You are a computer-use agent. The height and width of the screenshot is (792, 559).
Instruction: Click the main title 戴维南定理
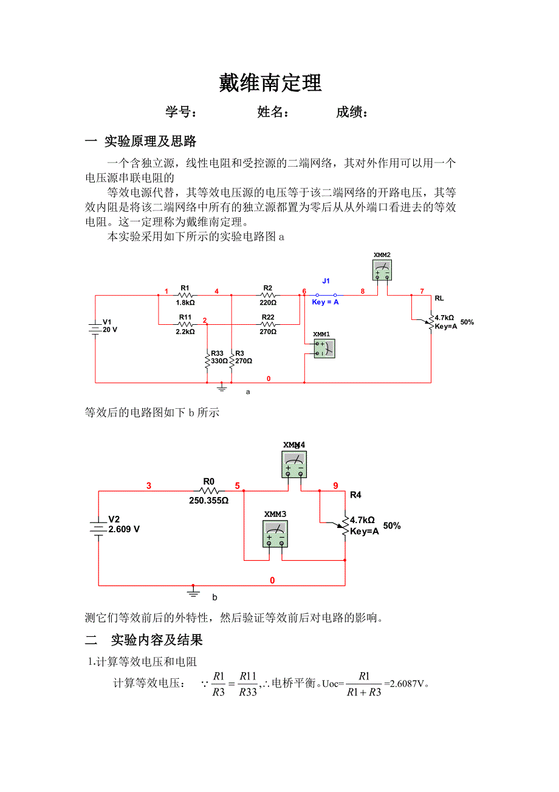pyautogui.click(x=270, y=83)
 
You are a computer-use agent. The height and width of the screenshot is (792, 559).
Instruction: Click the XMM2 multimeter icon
pyautogui.click(x=382, y=269)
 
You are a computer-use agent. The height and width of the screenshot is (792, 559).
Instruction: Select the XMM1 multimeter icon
pyautogui.click(x=324, y=349)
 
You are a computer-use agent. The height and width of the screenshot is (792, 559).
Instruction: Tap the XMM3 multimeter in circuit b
pyautogui.click(x=275, y=533)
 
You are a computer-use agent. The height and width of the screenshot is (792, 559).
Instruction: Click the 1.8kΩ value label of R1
pyautogui.click(x=185, y=302)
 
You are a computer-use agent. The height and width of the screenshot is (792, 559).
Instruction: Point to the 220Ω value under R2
pyautogui.click(x=268, y=302)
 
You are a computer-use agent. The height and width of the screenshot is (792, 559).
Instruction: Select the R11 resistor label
pyautogui.click(x=185, y=317)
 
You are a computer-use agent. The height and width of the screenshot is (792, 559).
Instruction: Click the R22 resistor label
pyautogui.click(x=268, y=317)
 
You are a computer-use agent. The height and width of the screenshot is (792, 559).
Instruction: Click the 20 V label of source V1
pyautogui.click(x=109, y=330)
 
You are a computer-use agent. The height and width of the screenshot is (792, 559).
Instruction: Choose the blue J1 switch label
pyautogui.click(x=326, y=281)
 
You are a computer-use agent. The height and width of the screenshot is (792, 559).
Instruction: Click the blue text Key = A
pyautogui.click(x=325, y=302)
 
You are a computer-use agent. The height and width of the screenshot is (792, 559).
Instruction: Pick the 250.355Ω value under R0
pyautogui.click(x=208, y=501)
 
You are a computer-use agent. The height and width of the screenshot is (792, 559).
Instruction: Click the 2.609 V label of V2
pyautogui.click(x=124, y=529)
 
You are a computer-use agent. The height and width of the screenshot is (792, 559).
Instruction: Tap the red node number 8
pyautogui.click(x=363, y=291)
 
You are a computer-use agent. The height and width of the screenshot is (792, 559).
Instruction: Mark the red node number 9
pyautogui.click(x=335, y=485)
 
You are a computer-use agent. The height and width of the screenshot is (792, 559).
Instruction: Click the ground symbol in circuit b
pyautogui.click(x=194, y=591)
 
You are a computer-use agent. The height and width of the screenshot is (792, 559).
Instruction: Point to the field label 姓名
pyautogui.click(x=273, y=112)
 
